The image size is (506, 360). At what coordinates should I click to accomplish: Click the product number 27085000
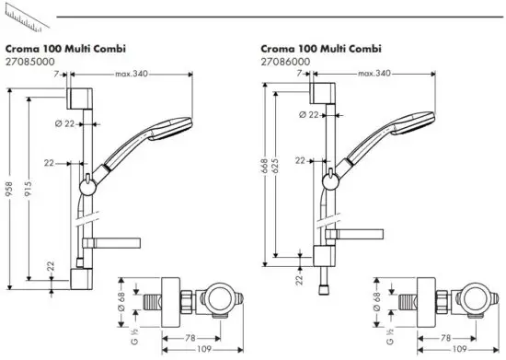(30, 62)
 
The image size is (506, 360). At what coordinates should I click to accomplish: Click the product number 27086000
(285, 62)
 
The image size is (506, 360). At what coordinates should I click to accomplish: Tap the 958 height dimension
(9, 189)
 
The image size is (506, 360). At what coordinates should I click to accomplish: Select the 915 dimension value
(29, 189)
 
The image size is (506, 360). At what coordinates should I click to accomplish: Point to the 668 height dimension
(265, 166)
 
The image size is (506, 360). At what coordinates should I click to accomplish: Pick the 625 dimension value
(275, 166)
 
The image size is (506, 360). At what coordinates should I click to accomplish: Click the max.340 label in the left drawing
(132, 74)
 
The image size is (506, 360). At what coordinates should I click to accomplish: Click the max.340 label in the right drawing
(374, 74)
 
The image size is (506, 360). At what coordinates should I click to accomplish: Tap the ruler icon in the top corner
(27, 19)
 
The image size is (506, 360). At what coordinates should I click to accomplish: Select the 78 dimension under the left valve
(190, 338)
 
